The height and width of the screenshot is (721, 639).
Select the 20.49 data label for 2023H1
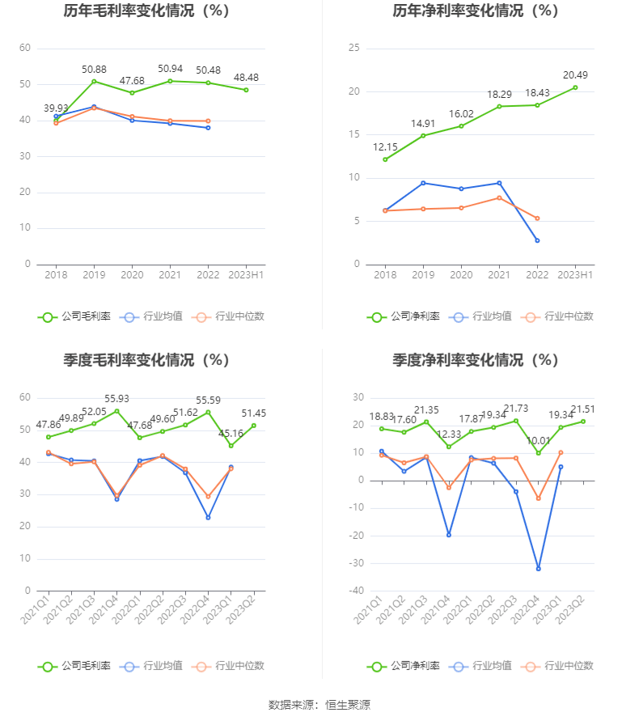click(575, 75)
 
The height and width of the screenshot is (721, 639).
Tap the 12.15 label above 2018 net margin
click(385, 146)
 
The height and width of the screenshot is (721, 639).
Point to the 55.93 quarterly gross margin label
click(116, 399)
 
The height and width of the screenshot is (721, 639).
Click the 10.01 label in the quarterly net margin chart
click(538, 440)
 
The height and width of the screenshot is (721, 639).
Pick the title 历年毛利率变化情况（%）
click(146, 11)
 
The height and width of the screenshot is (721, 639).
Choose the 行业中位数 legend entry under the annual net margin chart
click(558, 316)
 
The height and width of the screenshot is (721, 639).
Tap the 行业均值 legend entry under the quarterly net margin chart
click(483, 666)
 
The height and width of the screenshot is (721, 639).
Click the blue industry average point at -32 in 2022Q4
click(538, 569)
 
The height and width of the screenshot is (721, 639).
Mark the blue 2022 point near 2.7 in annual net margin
click(537, 240)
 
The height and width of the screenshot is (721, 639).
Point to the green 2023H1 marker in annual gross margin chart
click(246, 90)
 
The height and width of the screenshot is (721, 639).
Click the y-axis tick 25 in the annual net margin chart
click(353, 48)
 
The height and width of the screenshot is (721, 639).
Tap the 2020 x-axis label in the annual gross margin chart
click(132, 275)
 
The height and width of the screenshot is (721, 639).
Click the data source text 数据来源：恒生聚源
click(319, 705)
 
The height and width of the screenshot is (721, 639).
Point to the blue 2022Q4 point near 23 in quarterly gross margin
click(208, 517)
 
